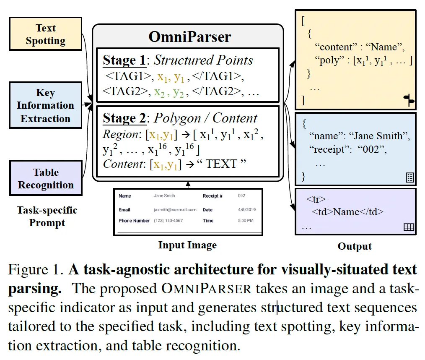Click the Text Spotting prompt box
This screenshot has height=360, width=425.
pos(45,34)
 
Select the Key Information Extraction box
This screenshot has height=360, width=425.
pos(45,105)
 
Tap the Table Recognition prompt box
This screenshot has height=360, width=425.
pos(46,179)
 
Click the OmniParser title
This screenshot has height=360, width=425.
pos(189,37)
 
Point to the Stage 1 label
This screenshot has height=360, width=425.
pos(124,60)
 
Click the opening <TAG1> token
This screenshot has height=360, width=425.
pos(129,77)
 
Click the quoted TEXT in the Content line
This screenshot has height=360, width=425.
pos(220,164)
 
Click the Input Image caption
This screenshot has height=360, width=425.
pos(187,245)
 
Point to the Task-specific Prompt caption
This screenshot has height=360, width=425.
pos(47,216)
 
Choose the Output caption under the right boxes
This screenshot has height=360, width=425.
pos(355,246)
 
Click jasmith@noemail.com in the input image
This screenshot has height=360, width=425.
pos(175,210)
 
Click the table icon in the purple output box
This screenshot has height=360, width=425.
pos(409,227)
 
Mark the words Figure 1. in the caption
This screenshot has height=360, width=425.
pos(36,270)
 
